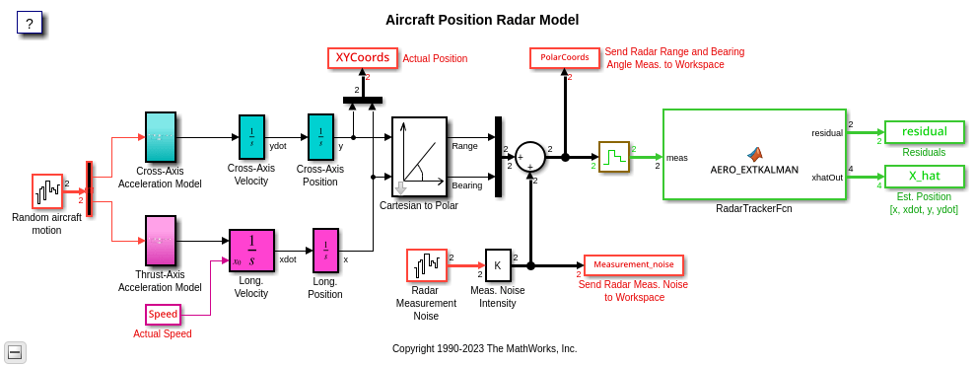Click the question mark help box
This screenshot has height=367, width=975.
pos(30,24)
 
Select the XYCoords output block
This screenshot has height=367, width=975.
pos(363,58)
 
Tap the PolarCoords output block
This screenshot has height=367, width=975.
pos(565,57)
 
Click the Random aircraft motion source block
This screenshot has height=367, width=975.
pos(47,191)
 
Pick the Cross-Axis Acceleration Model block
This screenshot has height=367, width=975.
pos(161,137)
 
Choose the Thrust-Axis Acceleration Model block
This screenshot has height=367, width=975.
pos(161,240)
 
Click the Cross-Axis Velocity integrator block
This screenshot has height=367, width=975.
pos(251,137)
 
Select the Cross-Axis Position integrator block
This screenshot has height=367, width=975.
pos(320,137)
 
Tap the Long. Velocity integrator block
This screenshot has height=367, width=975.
pos(251,251)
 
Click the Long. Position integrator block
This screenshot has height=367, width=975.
pos(326,251)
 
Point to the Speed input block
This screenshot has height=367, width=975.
pos(163,315)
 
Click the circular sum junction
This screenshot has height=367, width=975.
pos(530,156)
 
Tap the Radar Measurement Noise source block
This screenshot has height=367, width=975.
pos(427,265)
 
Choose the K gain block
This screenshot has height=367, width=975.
pos(498,265)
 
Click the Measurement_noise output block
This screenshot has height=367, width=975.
pos(634,265)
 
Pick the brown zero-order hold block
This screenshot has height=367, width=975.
pos(614,156)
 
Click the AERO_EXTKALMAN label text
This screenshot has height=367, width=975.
pos(754,169)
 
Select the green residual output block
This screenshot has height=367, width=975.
pos(925,132)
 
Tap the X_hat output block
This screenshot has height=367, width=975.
pos(925,176)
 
